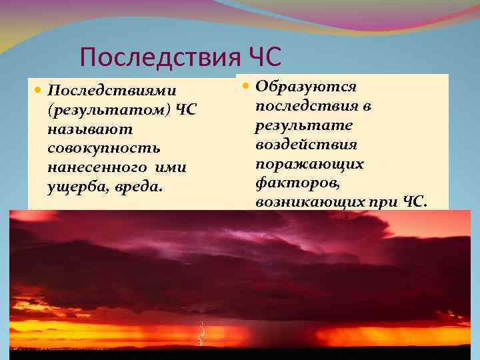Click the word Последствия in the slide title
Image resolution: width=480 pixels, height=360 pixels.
(157, 57)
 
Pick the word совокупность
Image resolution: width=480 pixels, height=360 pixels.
(104, 147)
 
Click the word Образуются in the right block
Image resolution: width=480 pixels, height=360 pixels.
(307, 87)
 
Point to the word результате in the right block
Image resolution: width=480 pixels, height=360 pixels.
(296, 125)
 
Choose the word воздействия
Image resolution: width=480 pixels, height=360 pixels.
(306, 145)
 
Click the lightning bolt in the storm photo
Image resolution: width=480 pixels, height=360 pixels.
(200, 333)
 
